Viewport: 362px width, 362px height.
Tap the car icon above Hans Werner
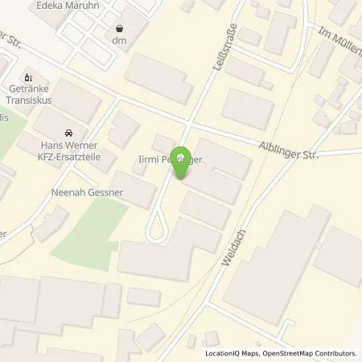(68, 133)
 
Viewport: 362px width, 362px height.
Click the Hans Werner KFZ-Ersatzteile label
(68, 151)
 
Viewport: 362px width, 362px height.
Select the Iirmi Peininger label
(168, 162)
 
